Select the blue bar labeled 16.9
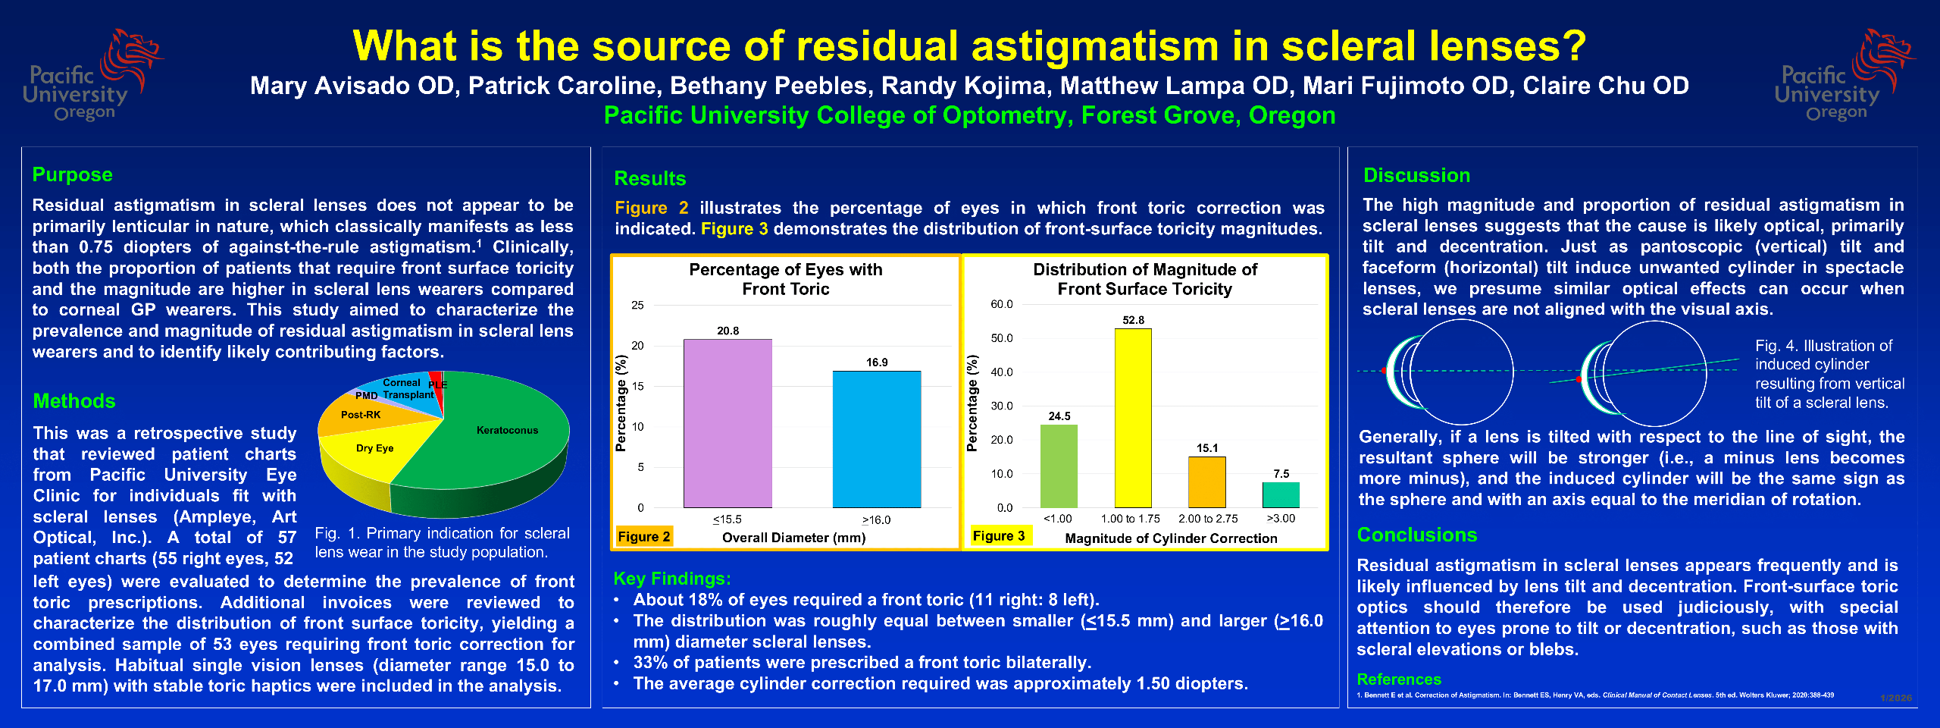coord(877,439)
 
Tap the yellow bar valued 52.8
coord(1133,418)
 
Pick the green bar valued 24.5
coord(1059,466)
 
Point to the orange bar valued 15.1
coord(1207,482)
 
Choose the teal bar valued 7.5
coord(1281,494)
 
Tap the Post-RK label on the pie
coord(361,415)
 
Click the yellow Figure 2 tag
coord(644,536)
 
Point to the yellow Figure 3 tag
coord(999,535)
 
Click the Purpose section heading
coord(73,174)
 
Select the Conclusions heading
coord(1417,535)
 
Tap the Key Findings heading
coord(672,579)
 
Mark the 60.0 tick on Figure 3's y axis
coord(1002,304)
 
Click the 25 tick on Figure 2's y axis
coord(637,305)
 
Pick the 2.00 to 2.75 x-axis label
coord(1208,519)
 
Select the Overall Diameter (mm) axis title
coord(793,538)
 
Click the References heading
coord(1399,679)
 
